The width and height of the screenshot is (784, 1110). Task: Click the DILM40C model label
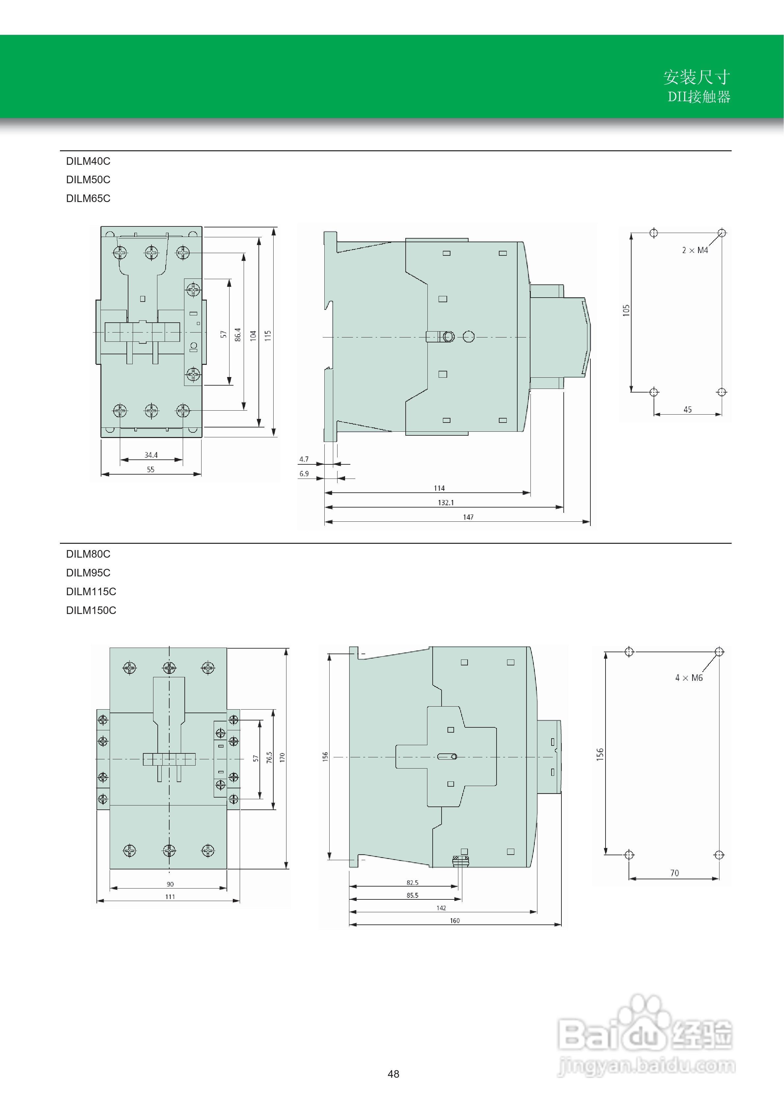pyautogui.click(x=88, y=161)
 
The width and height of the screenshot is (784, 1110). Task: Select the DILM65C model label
pyautogui.click(x=88, y=198)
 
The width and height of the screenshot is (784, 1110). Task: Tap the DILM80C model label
pyautogui.click(x=88, y=554)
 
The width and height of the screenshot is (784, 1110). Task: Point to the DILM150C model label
pyautogui.click(x=91, y=610)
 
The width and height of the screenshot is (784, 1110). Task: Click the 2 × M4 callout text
pyautogui.click(x=695, y=250)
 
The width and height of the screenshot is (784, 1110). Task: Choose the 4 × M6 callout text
pyautogui.click(x=689, y=678)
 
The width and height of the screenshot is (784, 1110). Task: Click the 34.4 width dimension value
pyautogui.click(x=151, y=455)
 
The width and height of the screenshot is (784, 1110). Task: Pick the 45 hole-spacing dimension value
pyautogui.click(x=688, y=409)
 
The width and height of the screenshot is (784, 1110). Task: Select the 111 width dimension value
pyautogui.click(x=170, y=897)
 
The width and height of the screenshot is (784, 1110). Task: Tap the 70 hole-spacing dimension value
pyautogui.click(x=674, y=873)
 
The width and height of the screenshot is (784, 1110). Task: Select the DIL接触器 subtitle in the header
pyautogui.click(x=699, y=97)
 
